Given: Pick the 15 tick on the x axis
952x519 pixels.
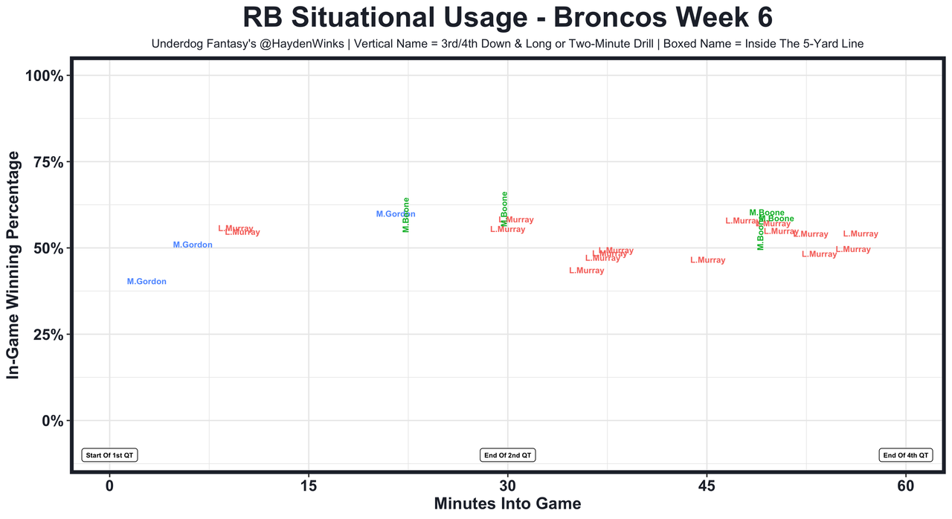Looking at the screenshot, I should [309, 486].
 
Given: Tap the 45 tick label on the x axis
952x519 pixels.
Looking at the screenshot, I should [707, 486].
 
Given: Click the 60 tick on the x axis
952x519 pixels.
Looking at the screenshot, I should [906, 486].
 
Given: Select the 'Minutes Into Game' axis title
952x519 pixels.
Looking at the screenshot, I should [507, 503].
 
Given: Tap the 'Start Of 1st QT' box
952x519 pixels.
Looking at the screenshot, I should [110, 455].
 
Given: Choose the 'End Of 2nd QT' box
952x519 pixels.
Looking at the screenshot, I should [507, 455].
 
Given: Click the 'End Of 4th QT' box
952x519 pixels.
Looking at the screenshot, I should [905, 455].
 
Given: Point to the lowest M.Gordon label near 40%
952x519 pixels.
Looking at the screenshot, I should [147, 282].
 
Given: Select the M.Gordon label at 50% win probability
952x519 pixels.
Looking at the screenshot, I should [193, 245].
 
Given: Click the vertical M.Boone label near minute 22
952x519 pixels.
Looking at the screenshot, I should [406, 215].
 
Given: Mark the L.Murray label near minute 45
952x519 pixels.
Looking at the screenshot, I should [707, 260].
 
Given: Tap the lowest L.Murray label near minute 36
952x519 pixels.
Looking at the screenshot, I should [586, 271].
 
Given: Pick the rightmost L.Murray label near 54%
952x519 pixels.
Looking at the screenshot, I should [861, 234].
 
